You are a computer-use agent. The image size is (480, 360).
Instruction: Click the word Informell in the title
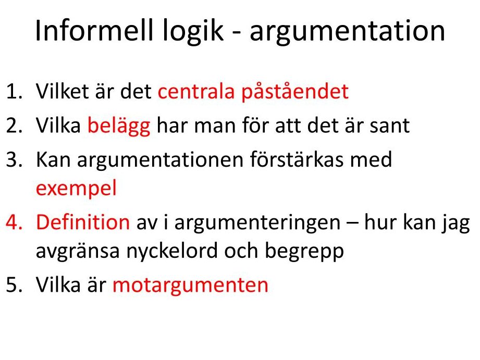(94, 30)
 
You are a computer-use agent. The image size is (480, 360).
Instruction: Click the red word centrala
(196, 91)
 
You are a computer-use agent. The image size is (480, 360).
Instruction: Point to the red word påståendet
(295, 92)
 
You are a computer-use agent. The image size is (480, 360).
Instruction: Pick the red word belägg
(119, 126)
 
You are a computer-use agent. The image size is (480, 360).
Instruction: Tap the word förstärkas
(297, 159)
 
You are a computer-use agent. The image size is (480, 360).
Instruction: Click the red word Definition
(83, 222)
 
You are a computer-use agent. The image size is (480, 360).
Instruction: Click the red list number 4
(14, 222)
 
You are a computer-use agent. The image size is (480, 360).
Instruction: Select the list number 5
(14, 284)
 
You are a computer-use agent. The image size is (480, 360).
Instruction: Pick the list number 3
(14, 159)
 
